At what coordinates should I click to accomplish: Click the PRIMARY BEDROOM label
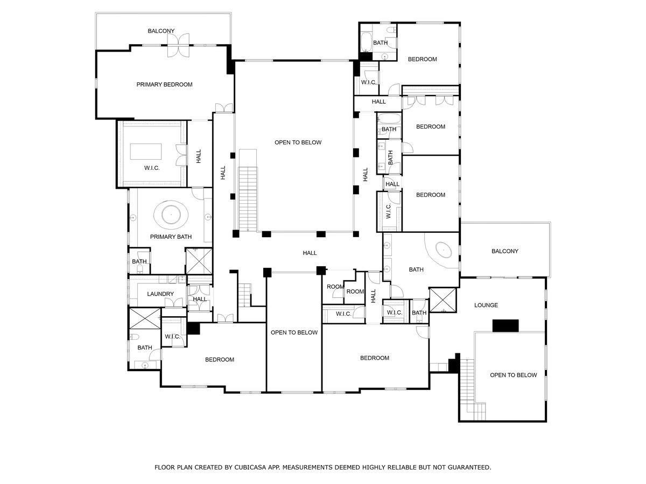click(164, 84)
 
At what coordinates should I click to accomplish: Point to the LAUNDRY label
click(160, 294)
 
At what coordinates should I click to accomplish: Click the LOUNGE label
click(486, 305)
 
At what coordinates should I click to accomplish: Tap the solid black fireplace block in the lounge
click(506, 325)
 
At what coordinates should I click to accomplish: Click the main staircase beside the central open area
click(248, 198)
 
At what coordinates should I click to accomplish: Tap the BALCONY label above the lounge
click(504, 251)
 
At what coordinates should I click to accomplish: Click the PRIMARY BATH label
click(171, 237)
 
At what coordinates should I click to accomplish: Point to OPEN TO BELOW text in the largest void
click(298, 143)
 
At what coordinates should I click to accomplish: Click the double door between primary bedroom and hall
click(223, 108)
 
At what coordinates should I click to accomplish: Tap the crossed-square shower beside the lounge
click(443, 300)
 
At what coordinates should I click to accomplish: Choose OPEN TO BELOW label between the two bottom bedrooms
click(294, 332)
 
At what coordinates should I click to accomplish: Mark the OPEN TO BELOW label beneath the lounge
click(513, 375)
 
